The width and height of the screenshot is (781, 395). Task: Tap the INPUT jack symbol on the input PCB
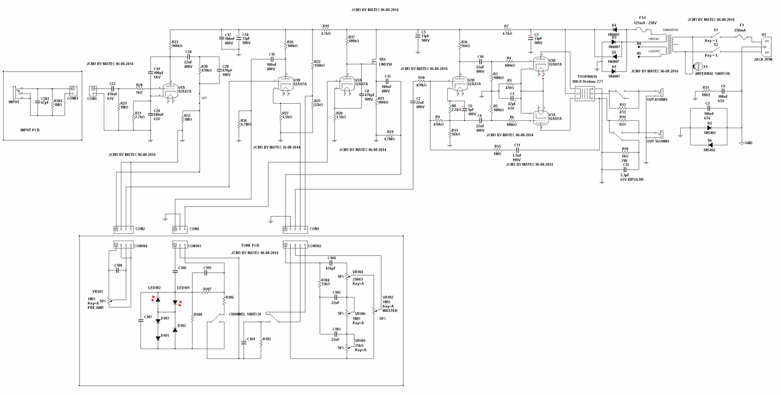18,95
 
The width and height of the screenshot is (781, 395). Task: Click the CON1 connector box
93,90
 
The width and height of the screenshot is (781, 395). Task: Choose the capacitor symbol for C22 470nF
112,89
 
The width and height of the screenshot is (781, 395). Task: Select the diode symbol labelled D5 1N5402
708,127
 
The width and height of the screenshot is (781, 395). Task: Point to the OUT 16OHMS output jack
660,134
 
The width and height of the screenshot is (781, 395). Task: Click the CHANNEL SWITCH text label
245,314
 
